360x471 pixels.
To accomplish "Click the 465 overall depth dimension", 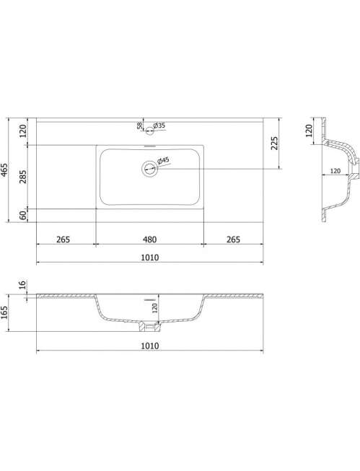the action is [x=5, y=170].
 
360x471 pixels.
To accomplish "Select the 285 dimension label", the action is [x=23, y=177].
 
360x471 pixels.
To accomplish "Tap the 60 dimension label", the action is [x=23, y=216].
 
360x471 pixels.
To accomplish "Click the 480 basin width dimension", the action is [x=149, y=239].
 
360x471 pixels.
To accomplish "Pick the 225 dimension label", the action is [x=274, y=144].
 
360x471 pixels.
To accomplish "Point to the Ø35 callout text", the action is [x=159, y=126].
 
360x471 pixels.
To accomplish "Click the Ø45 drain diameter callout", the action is [x=163, y=161].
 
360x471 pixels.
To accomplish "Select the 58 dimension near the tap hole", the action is [x=140, y=126].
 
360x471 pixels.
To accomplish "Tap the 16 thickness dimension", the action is [x=23, y=285].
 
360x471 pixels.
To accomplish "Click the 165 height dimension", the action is [x=5, y=312].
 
